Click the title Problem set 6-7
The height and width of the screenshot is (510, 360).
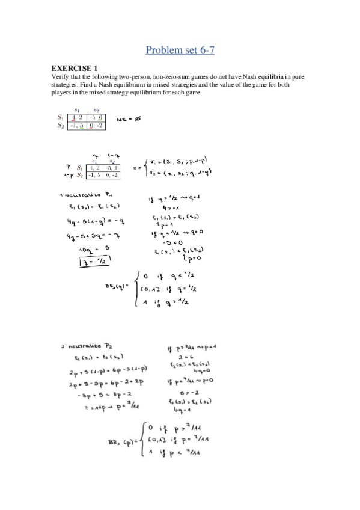pos(180,49)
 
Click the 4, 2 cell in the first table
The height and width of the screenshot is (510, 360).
pos(78,118)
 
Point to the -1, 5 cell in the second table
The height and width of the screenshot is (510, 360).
pos(94,175)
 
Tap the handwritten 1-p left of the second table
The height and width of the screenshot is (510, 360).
pos(69,175)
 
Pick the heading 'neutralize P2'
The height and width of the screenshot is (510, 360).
pos(84,348)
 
